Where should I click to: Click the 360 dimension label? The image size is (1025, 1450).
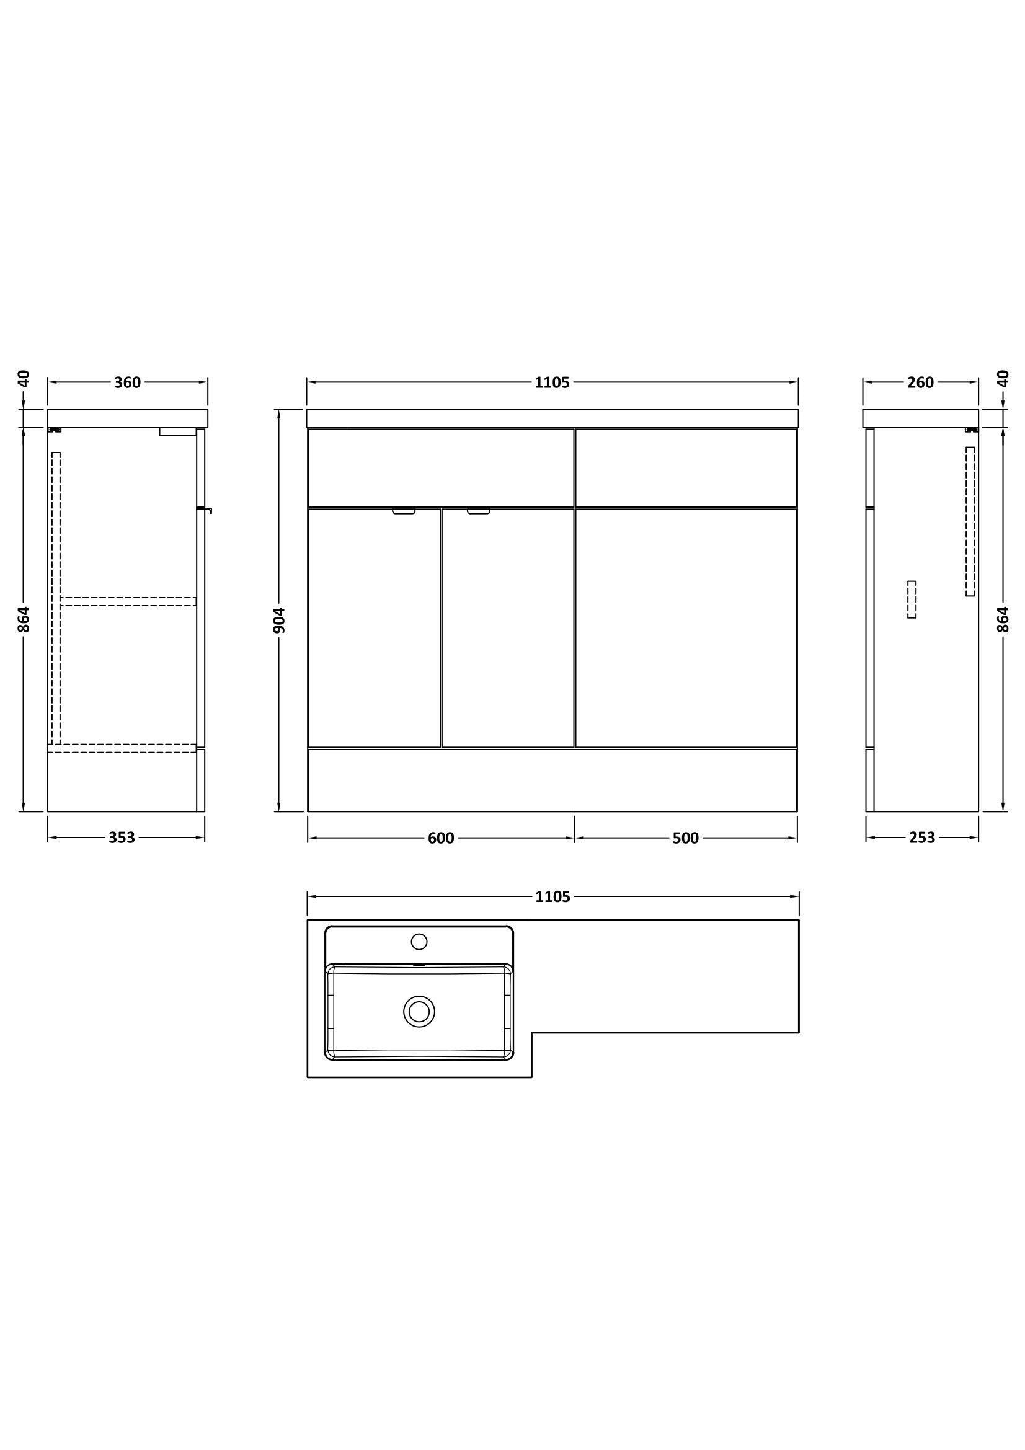[x=128, y=382]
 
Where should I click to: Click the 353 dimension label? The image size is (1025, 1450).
[x=122, y=838]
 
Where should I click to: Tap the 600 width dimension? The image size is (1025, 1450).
[x=441, y=838]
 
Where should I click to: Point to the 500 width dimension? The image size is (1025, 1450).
[x=685, y=838]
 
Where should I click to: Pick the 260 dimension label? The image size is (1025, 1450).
[x=920, y=382]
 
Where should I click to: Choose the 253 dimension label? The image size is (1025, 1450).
[x=921, y=838]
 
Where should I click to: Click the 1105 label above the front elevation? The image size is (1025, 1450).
[x=552, y=382]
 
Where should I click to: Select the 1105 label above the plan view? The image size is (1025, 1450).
[x=552, y=897]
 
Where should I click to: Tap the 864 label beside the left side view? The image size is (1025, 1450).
[x=24, y=619]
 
